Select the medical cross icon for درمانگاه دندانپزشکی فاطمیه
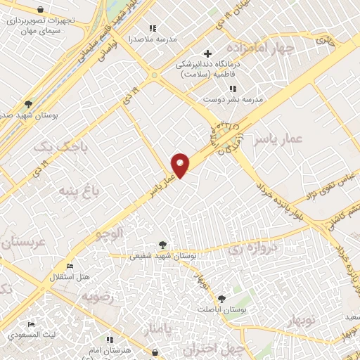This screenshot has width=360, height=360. tap(207, 53)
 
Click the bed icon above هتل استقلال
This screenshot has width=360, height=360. tap(69, 266)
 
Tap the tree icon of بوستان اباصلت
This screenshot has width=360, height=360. tap(222, 299)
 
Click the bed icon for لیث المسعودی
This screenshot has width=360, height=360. tap(31, 324)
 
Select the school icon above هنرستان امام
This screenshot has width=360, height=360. tap(109, 340)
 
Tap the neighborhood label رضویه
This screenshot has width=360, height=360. tap(98, 297)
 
